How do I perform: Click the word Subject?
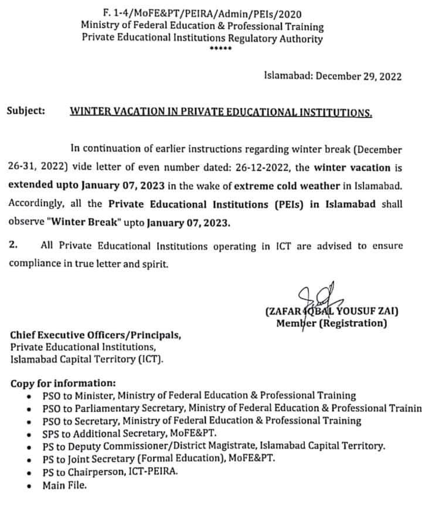tap(26, 111)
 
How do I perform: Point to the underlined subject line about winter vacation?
tap(220, 111)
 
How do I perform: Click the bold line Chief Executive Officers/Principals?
tap(96, 336)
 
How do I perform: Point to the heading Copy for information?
tap(63, 384)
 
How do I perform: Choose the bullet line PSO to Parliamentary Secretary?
tap(232, 408)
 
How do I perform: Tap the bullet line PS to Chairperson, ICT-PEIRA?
tap(110, 472)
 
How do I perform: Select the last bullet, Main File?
tap(66, 485)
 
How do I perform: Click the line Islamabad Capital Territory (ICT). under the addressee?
tap(87, 359)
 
